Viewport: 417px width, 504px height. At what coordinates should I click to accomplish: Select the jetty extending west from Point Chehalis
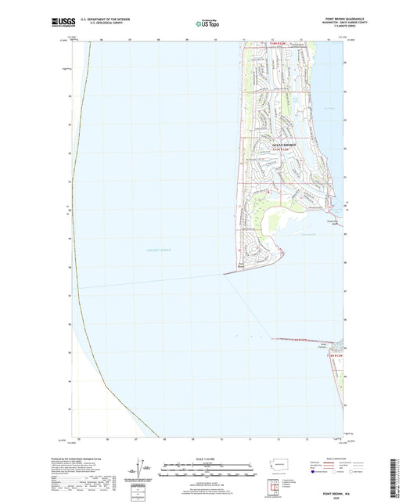coord(301,339)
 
